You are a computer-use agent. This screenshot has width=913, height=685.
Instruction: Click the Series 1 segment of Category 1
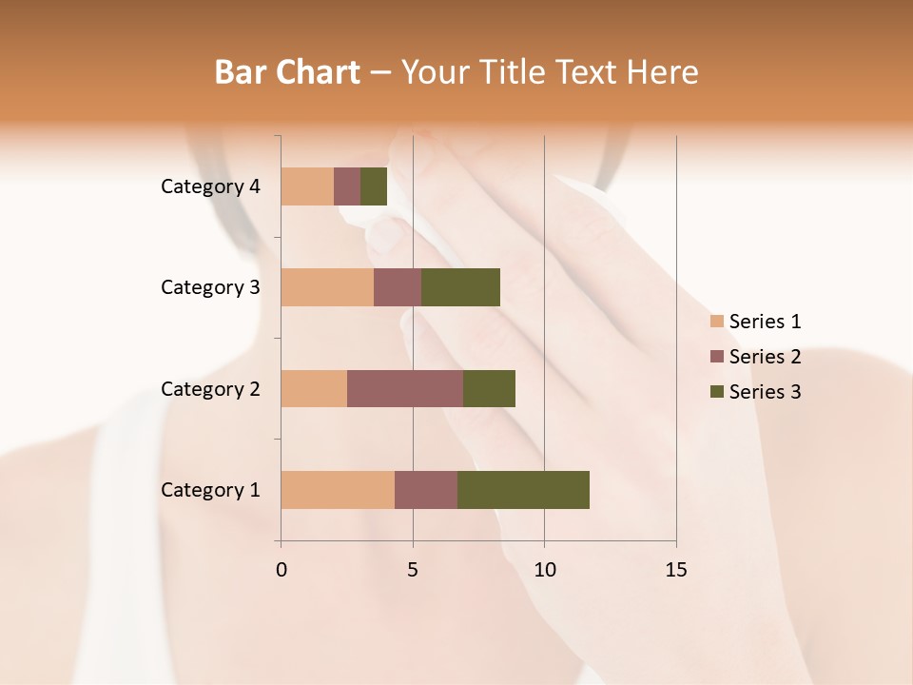click(338, 490)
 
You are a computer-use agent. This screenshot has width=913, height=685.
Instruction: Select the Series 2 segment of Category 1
click(426, 490)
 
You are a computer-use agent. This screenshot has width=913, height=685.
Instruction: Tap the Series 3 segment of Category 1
click(523, 490)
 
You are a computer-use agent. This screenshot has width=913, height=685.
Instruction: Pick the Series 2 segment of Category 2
click(405, 388)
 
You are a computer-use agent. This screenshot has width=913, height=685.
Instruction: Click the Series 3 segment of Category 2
click(489, 388)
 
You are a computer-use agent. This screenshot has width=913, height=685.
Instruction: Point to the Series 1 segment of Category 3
click(327, 287)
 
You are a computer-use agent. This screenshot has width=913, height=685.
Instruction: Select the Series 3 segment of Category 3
click(460, 287)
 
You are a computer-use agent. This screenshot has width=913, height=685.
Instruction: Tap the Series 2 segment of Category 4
click(347, 186)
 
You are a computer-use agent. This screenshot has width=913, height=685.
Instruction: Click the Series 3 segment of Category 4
click(374, 186)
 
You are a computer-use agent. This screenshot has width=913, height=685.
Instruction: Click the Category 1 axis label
click(210, 490)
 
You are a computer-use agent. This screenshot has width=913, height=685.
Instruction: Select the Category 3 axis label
click(210, 287)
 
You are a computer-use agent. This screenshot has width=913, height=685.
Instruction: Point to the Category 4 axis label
click(210, 186)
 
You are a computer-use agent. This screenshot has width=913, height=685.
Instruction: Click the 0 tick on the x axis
click(282, 570)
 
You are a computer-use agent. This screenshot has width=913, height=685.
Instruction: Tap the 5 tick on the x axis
click(413, 570)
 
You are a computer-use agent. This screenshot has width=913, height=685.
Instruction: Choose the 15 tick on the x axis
click(675, 570)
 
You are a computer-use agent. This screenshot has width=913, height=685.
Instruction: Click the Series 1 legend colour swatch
click(717, 322)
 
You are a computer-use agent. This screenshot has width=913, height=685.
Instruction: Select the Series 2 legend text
click(765, 357)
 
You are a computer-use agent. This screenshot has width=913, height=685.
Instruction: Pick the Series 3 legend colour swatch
click(717, 392)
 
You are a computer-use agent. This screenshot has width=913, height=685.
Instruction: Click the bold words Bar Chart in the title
click(286, 72)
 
